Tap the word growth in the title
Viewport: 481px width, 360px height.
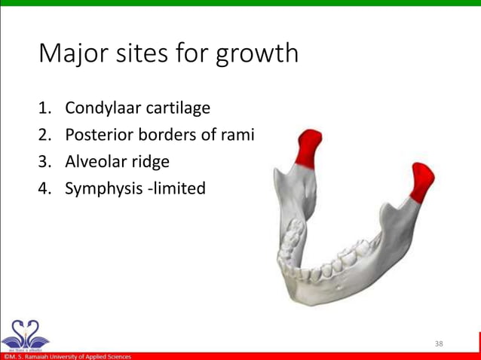point(257,54)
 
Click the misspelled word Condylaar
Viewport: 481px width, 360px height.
point(99,108)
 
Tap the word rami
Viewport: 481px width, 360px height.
point(237,135)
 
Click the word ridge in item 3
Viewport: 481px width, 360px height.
point(150,162)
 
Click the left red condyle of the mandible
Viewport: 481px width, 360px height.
point(309,148)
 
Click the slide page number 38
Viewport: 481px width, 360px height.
point(440,343)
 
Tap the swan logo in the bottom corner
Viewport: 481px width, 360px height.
point(25,332)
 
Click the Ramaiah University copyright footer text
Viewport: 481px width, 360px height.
point(68,356)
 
